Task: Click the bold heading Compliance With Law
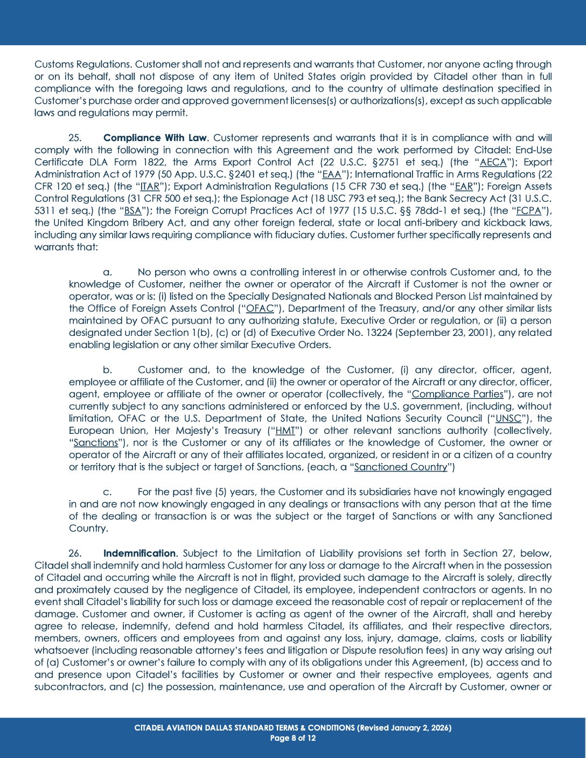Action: (155, 138)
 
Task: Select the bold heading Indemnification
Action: (139, 553)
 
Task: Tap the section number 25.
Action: (75, 138)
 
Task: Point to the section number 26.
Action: (75, 553)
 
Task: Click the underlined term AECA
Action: (493, 162)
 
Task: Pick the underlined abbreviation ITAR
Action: (150, 186)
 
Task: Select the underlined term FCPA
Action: (528, 210)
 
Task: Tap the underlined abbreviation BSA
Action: (132, 210)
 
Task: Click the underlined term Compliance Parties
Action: (457, 394)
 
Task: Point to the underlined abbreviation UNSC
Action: (508, 418)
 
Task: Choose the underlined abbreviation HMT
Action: (285, 431)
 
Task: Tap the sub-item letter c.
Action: (107, 492)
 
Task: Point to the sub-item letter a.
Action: (107, 272)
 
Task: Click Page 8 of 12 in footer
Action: (292, 738)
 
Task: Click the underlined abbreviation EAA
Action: (331, 174)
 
